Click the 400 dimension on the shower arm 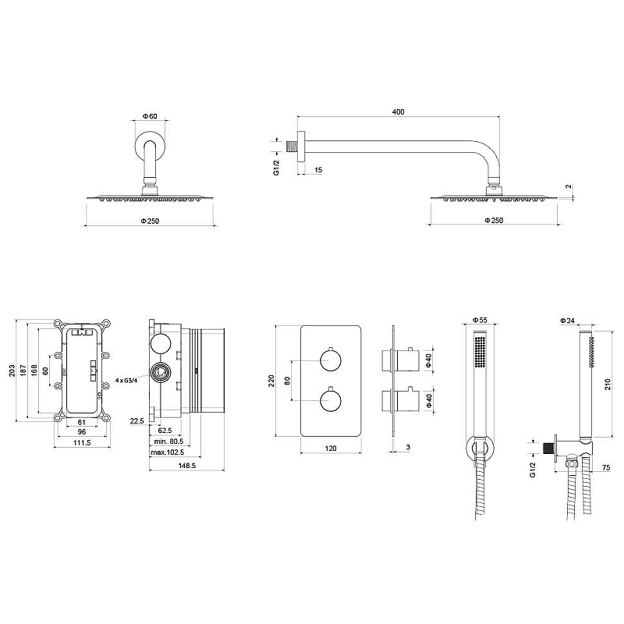(398, 112)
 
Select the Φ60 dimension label (150, 116)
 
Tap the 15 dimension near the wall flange (318, 170)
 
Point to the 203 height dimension (12, 370)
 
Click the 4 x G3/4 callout (126, 380)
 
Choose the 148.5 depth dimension (187, 465)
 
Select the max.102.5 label (168, 452)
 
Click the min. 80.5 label (168, 441)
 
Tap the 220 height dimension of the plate (271, 381)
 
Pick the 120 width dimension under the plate (331, 448)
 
